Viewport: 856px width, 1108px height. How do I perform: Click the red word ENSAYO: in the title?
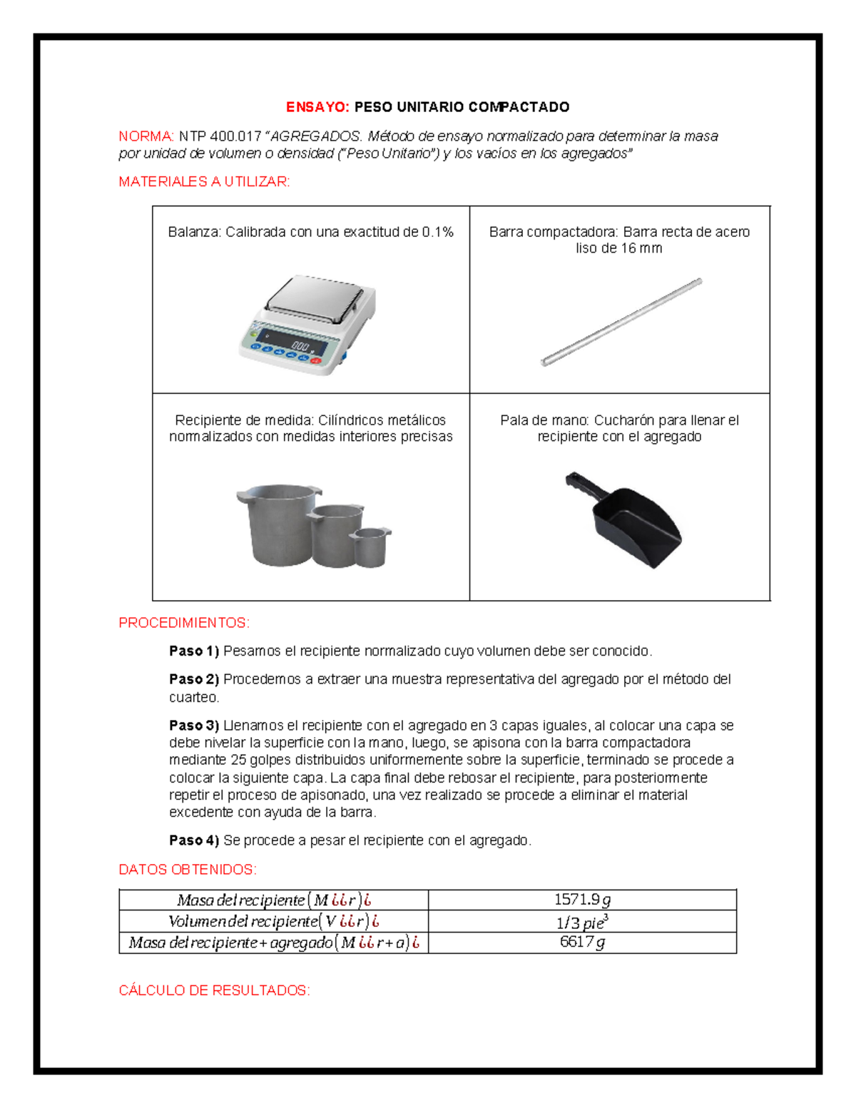317,107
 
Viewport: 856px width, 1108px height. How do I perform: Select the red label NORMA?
146,136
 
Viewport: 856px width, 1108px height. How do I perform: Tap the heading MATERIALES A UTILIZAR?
204,182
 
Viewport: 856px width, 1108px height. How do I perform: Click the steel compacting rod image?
621,322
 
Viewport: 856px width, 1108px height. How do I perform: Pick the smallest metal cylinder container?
370,547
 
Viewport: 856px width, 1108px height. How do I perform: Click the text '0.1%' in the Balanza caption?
437,232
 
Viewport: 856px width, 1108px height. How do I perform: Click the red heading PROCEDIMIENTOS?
184,623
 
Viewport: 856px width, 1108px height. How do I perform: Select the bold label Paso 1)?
193,651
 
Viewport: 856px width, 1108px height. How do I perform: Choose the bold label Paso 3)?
193,726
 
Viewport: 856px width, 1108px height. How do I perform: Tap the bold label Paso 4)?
193,840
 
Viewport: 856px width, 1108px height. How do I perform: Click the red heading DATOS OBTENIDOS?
187,870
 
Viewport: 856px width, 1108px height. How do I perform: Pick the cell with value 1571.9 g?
582,900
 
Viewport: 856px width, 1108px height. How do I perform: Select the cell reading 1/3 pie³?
582,922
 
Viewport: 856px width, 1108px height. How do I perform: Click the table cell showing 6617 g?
582,942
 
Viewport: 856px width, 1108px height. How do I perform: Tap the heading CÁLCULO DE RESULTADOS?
214,990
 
